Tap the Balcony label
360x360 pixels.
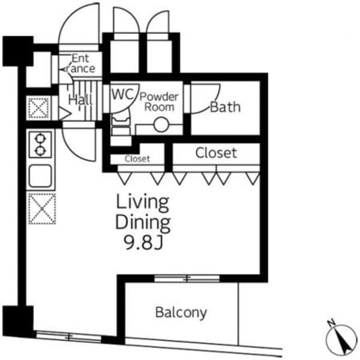click(181, 313)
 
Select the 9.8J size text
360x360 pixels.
click(143, 242)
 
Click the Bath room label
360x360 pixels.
click(225, 107)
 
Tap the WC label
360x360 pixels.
click(122, 94)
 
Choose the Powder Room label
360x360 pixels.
click(159, 102)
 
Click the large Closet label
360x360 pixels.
click(216, 153)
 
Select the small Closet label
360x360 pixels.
click(137, 158)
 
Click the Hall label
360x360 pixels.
click(80, 100)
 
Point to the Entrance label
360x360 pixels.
click(79, 64)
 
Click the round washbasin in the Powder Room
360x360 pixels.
click(161, 125)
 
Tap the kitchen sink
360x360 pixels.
click(40, 176)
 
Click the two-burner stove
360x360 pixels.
click(40, 145)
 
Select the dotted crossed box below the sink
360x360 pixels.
click(42, 209)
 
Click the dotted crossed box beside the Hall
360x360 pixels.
click(38, 108)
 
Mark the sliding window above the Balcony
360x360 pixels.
click(187, 278)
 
